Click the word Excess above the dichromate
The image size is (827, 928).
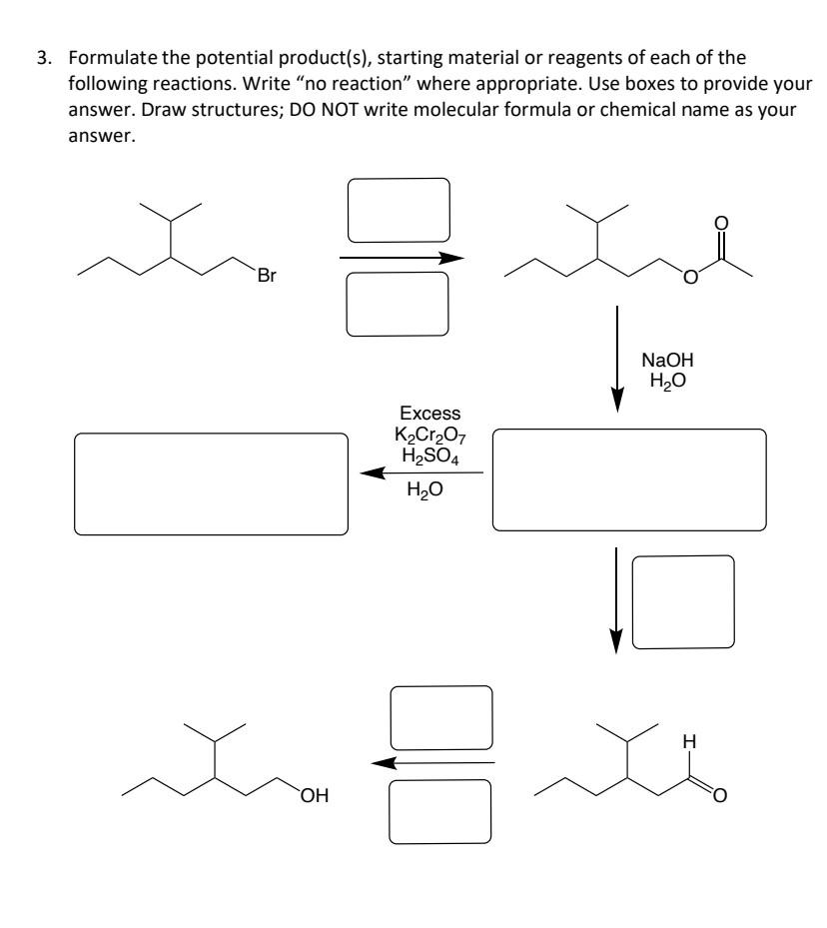pos(430,413)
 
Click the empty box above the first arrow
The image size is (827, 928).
pos(398,211)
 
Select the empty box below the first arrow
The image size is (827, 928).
pos(398,304)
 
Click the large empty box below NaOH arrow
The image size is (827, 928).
pos(630,480)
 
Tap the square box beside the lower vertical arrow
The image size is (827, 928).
pos(683,603)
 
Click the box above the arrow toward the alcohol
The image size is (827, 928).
pos(440,718)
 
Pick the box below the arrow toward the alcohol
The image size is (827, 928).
pos(440,811)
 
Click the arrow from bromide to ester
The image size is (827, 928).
pos(402,258)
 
